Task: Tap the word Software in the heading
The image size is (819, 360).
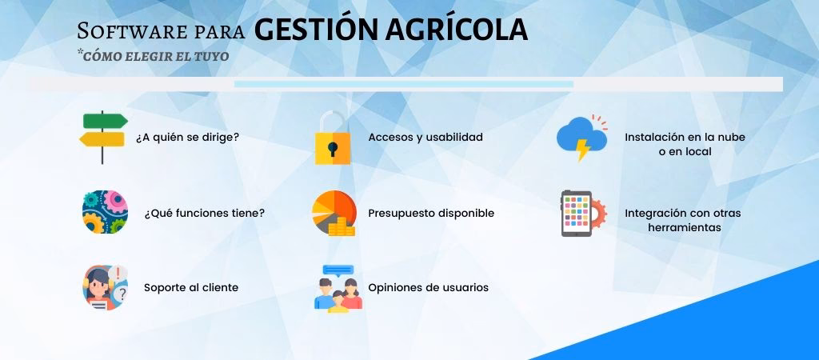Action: point(125,31)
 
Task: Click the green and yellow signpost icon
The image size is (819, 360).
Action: point(104,136)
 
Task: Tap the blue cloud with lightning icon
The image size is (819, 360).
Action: point(580,138)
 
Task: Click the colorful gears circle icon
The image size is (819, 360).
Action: point(105,213)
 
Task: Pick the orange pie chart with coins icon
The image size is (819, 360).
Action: point(333,213)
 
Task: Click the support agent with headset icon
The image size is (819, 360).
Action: point(104,287)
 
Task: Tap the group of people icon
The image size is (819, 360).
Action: point(337,289)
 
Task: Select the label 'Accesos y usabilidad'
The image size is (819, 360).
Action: point(425,137)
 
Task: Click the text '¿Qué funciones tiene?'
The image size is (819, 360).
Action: point(204,214)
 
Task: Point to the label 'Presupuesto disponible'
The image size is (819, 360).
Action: point(431,214)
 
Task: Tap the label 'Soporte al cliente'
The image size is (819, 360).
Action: point(191,287)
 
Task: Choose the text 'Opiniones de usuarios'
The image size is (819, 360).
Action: point(428,287)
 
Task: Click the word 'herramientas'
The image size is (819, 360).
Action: point(684,227)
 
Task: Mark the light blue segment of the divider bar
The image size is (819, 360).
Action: point(403,84)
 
